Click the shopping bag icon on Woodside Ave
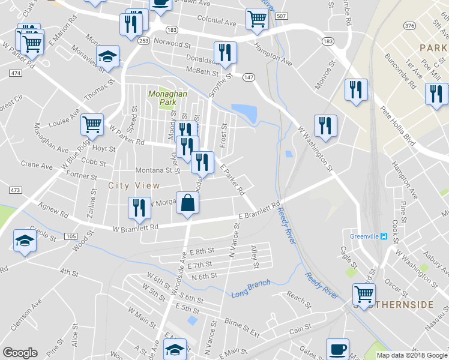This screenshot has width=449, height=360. coord(188,202)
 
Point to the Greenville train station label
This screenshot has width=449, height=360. coord(368,236)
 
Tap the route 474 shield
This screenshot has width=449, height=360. coord(15,73)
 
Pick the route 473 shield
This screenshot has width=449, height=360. coord(15,190)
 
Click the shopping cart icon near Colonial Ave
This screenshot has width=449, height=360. coord(257,19)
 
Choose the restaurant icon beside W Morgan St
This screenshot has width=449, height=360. coord(139,208)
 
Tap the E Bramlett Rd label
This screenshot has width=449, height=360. coord(259,211)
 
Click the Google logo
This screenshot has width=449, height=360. coord(20,353)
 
